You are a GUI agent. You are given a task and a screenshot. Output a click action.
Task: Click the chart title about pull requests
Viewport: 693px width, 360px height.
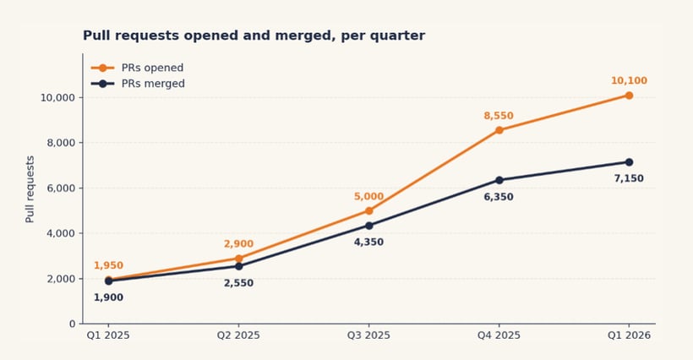coord(254,35)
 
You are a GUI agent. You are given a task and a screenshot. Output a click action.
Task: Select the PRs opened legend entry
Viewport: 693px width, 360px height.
coord(137,68)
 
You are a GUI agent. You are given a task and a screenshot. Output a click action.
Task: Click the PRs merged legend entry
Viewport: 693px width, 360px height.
coord(138,84)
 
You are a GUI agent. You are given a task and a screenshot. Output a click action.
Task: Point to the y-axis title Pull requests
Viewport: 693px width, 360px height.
coord(30,188)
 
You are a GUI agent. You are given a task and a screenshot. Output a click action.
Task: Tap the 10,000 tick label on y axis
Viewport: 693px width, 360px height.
coord(57,97)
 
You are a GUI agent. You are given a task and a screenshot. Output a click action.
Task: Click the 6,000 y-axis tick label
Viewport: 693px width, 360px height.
coord(60,188)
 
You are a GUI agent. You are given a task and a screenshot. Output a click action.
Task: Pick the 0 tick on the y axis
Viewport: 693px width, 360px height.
coord(72,324)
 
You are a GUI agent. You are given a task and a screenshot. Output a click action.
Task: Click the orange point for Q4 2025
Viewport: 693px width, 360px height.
coord(499,130)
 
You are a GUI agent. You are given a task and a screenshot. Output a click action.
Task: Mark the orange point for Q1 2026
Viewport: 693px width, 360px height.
coord(629,95)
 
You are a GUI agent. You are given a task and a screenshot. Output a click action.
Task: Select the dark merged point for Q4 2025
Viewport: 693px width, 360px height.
coord(499,180)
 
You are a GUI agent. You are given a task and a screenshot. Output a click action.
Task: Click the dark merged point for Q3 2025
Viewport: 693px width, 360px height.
coord(368,226)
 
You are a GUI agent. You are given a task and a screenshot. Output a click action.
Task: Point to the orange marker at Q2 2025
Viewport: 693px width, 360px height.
coord(238,259)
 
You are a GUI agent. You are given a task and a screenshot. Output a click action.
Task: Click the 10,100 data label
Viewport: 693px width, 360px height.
coord(629,81)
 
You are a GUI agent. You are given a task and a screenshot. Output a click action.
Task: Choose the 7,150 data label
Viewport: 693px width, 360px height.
coord(629,178)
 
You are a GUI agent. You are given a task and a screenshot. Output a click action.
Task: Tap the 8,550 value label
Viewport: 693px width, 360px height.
coord(499,116)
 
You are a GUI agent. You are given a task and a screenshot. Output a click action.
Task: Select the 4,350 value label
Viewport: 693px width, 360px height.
coord(368,242)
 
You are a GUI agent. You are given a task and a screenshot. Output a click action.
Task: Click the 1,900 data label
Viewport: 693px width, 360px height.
coord(108,297)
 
